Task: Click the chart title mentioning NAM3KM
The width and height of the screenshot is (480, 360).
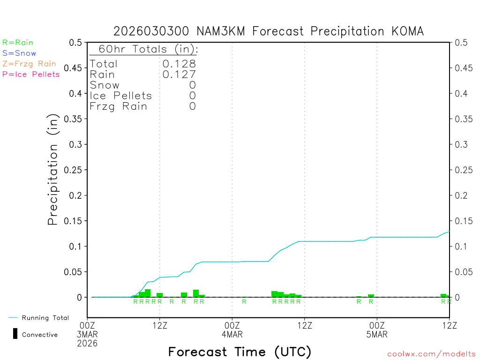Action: click(x=269, y=31)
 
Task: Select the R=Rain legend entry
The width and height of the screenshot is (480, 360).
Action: click(x=18, y=43)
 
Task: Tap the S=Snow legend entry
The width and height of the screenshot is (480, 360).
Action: click(x=19, y=53)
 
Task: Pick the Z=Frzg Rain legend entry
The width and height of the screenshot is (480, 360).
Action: click(x=29, y=64)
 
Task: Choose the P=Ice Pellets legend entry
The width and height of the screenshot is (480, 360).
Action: click(x=31, y=74)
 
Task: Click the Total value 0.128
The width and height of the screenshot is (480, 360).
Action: click(x=179, y=64)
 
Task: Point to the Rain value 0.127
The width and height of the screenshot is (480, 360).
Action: click(x=179, y=75)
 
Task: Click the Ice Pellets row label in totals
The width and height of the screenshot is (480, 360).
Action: click(x=121, y=96)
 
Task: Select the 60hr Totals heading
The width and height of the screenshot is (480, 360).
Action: click(x=143, y=49)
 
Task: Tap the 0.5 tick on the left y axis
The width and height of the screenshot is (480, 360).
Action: click(x=75, y=43)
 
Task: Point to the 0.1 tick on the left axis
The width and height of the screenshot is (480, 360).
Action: click(x=75, y=247)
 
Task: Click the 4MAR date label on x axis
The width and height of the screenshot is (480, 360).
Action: click(x=232, y=335)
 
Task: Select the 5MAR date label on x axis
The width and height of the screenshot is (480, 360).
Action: click(x=377, y=335)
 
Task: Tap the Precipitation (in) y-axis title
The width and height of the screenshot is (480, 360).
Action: click(x=53, y=170)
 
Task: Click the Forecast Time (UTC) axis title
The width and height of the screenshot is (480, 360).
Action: click(x=240, y=352)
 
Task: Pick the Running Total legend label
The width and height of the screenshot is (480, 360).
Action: click(x=45, y=318)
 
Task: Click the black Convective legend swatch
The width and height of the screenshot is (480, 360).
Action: click(x=15, y=334)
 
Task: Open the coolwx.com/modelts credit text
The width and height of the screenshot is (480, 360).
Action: click(x=431, y=354)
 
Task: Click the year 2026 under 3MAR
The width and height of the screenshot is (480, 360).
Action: click(x=88, y=343)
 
